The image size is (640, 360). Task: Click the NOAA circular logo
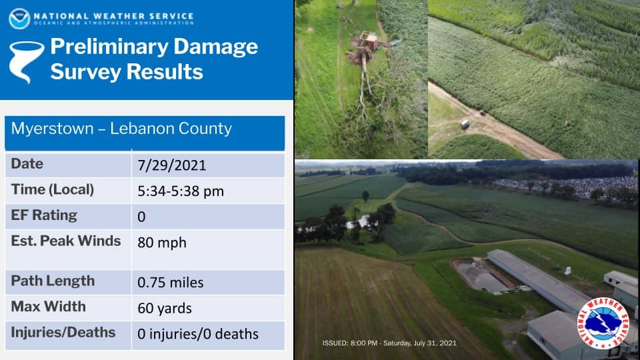pos(19,19)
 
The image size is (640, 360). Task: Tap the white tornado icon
pos(26,61)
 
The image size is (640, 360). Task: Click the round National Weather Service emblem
pos(603,323)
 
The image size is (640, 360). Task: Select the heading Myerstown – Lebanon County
pos(121,129)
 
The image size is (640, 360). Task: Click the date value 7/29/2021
pos(171,165)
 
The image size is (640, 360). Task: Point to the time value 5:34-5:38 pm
pos(181,191)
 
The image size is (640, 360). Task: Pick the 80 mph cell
pos(161,243)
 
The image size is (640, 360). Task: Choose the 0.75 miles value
pos(170,283)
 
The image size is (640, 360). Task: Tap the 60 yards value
pos(165,308)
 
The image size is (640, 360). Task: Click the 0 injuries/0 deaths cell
pos(197,334)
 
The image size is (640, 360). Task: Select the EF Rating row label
pos(44,215)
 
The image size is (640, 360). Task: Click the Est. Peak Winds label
pos(66,241)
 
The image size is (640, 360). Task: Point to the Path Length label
pos(53,281)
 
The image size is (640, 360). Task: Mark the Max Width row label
pos(48,307)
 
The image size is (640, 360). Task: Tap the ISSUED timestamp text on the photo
pos(389,343)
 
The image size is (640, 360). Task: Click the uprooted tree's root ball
pos(360,54)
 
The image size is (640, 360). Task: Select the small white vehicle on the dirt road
pos(465,124)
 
